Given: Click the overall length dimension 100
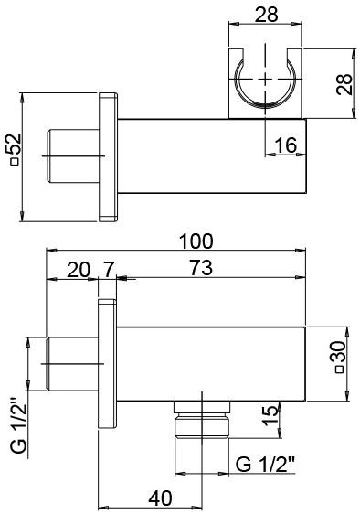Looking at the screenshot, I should tap(196, 241).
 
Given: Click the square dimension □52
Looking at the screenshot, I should tap(12, 156).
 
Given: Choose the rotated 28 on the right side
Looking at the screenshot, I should tap(346, 84).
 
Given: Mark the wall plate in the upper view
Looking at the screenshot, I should tap(107, 156).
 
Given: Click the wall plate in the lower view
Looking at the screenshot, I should tap(107, 365).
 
